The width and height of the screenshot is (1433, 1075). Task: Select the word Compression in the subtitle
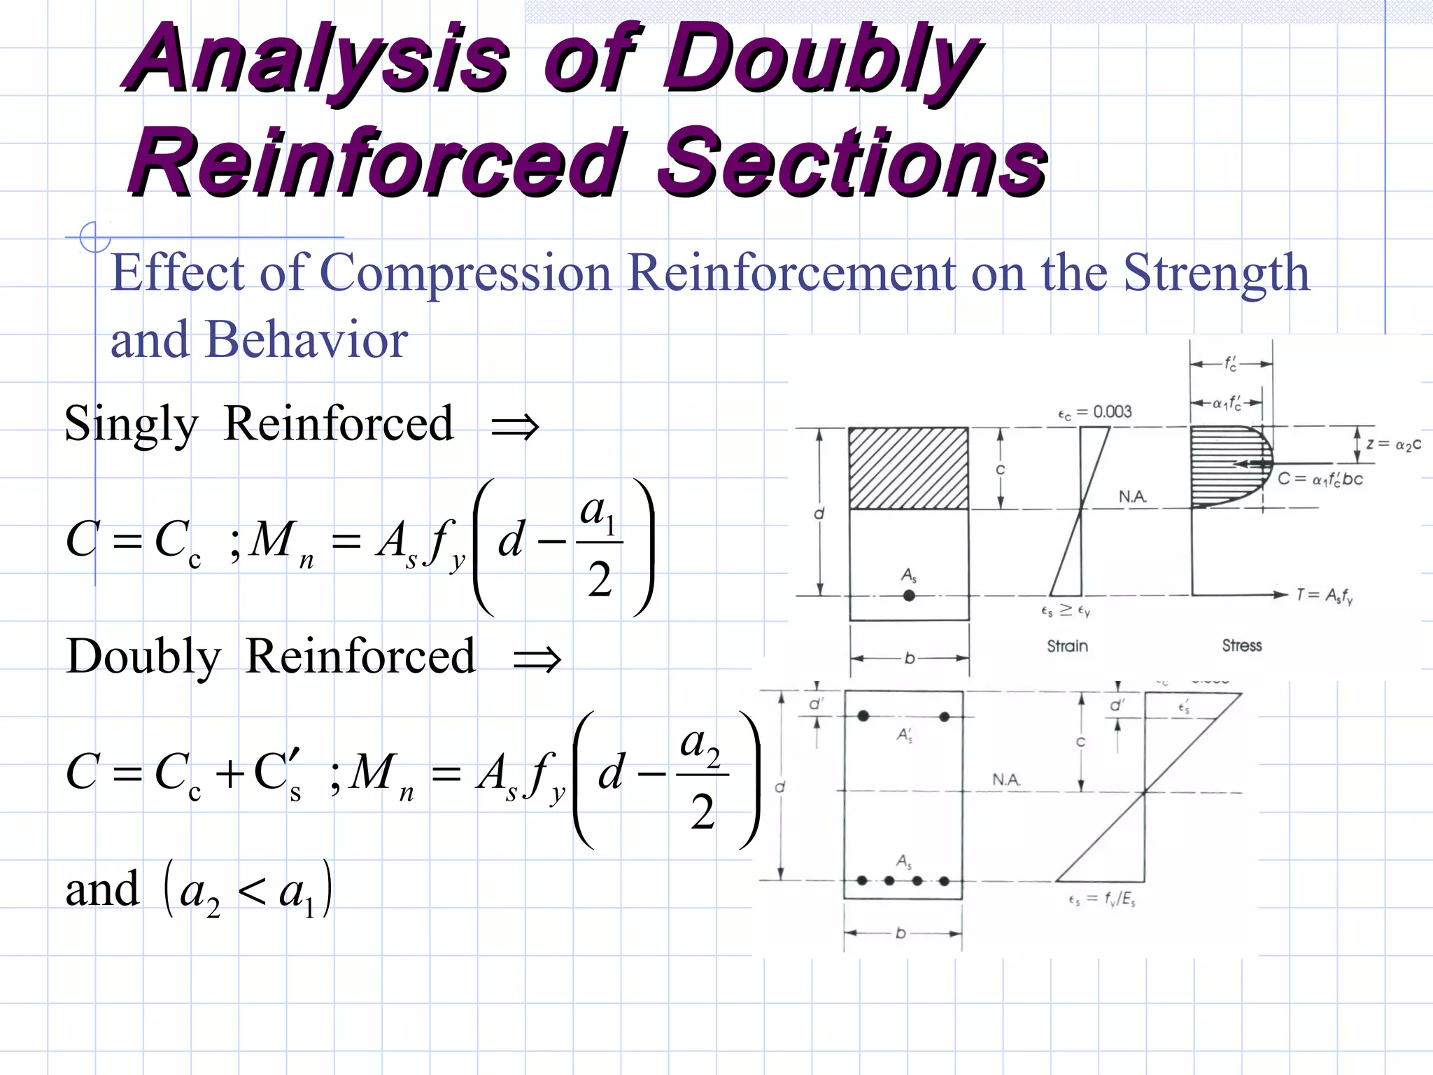click(x=466, y=273)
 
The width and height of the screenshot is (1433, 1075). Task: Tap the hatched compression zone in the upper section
click(x=908, y=468)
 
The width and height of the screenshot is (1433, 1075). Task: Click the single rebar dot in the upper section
click(x=909, y=596)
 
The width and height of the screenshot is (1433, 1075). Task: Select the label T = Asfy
click(x=1324, y=596)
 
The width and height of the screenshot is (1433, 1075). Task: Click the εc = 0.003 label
click(x=1094, y=412)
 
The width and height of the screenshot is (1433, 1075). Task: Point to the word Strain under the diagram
click(x=1067, y=646)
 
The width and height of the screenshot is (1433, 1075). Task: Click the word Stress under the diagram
click(x=1242, y=645)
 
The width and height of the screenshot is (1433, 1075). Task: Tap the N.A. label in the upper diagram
click(x=1133, y=497)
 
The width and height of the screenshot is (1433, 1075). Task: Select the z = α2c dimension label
click(x=1393, y=444)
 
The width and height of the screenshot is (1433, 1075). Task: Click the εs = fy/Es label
click(x=1101, y=899)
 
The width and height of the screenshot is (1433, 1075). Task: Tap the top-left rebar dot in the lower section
click(x=863, y=716)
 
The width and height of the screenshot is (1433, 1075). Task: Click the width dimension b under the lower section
click(x=901, y=933)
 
